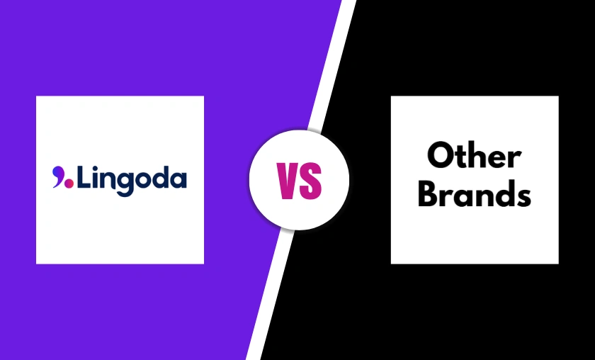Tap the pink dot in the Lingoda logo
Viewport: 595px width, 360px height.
[69, 183]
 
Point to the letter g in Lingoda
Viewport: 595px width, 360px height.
[123, 181]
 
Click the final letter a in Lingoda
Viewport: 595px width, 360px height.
[178, 179]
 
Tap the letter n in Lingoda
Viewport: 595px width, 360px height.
[106, 179]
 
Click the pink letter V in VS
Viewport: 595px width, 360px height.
[290, 180]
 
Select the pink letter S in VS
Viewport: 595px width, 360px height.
[311, 180]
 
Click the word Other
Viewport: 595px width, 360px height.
[474, 157]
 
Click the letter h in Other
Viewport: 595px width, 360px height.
[477, 156]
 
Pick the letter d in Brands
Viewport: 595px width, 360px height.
[504, 193]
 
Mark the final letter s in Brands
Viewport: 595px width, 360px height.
[523, 196]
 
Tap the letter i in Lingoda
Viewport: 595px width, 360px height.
[93, 176]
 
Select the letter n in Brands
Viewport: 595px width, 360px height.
[485, 196]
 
